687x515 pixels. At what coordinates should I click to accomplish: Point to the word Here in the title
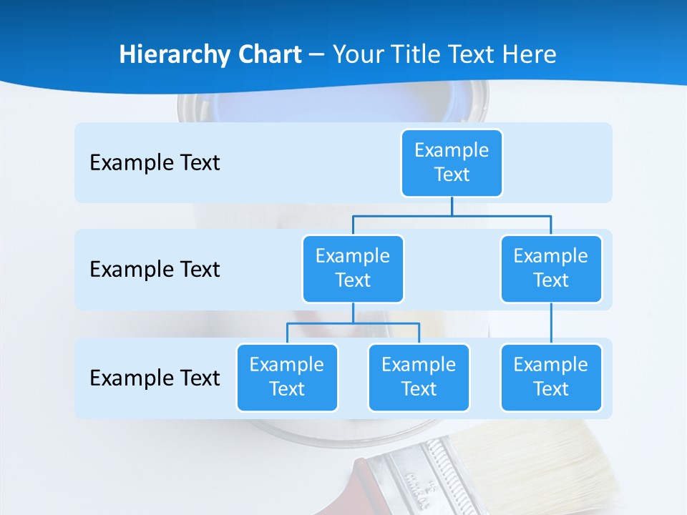point(528,54)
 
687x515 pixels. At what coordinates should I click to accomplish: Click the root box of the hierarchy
point(452,162)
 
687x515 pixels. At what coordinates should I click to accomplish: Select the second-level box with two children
point(353,268)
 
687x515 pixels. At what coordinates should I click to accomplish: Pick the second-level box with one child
point(551,268)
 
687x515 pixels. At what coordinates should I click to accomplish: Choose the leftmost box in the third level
point(287,377)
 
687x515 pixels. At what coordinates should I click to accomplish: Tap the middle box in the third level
point(419,377)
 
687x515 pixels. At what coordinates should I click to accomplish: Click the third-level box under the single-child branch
point(551,377)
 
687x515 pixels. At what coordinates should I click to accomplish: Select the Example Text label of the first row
point(155,163)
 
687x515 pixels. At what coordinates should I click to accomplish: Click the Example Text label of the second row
point(155,270)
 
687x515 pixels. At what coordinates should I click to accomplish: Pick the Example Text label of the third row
point(155,378)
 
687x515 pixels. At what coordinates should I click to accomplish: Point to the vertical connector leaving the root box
point(452,206)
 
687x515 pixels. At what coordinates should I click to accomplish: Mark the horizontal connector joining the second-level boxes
point(452,215)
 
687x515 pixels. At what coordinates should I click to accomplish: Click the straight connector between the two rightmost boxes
point(551,323)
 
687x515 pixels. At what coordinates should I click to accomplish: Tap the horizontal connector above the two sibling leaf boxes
point(353,323)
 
